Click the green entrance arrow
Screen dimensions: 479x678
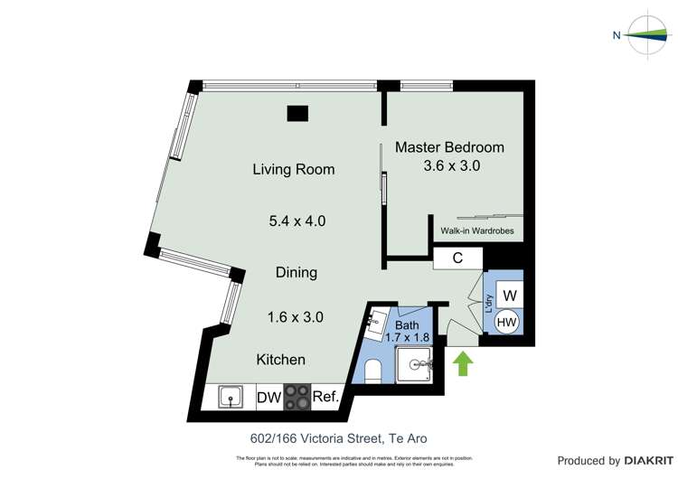(463, 364)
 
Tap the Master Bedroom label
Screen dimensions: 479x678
(449, 147)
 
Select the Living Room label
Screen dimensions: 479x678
(294, 169)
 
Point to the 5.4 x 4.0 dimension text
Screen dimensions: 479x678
(297, 221)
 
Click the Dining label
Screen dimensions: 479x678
(297, 272)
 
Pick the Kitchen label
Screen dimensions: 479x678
(281, 360)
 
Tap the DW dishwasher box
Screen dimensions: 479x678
(269, 397)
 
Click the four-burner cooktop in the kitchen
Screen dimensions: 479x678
(297, 397)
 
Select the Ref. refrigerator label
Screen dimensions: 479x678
(325, 397)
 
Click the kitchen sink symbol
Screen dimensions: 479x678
(230, 396)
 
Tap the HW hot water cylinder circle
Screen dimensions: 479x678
(507, 321)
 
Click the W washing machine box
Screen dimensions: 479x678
(509, 295)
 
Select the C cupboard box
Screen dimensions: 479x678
(457, 258)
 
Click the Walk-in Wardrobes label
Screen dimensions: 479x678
(476, 230)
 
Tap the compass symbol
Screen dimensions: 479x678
(649, 35)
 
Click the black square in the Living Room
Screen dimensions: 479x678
(297, 114)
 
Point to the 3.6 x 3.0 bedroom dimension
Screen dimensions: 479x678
(451, 166)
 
